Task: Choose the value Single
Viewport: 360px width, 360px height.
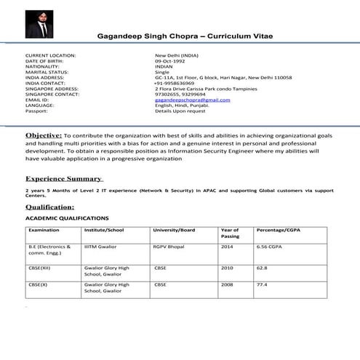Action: (x=161, y=72)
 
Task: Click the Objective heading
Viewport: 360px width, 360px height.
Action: (x=44, y=135)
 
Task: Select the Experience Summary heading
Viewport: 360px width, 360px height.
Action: (x=64, y=178)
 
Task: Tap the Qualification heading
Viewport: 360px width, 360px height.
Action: (x=55, y=207)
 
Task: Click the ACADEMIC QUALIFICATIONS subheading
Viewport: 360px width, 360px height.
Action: (x=67, y=218)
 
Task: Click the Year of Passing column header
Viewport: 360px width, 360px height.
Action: (x=230, y=233)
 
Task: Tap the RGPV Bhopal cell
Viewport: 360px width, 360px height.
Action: (x=170, y=247)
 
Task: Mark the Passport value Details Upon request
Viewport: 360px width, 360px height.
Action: (x=180, y=111)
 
